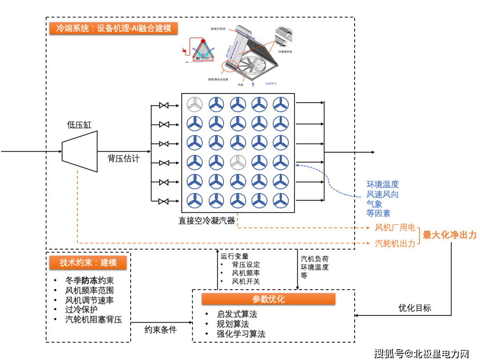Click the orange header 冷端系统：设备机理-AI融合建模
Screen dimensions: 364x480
point(113,28)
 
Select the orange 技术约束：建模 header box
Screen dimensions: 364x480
point(88,263)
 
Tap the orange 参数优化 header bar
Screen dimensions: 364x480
point(268,299)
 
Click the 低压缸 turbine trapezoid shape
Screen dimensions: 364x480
point(80,151)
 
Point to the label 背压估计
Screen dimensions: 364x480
point(124,158)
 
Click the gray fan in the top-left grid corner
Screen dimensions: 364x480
point(194,105)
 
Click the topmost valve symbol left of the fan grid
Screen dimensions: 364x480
point(164,105)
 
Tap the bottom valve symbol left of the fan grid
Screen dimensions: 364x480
point(164,201)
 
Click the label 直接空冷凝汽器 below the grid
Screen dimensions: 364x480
point(207,220)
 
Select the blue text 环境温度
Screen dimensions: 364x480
point(382,184)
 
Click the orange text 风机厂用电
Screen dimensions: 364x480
point(395,228)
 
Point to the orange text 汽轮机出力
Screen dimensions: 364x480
point(395,243)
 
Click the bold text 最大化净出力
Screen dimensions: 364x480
point(449,235)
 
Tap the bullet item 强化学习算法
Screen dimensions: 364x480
point(240,334)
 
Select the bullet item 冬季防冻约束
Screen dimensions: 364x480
point(89,280)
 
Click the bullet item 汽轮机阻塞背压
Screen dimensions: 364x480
point(93,319)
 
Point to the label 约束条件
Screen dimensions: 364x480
point(160,330)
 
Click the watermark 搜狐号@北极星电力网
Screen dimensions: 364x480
point(421,354)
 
